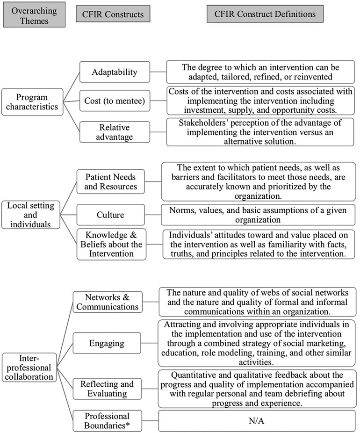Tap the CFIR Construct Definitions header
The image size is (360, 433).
265,14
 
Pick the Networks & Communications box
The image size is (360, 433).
108,302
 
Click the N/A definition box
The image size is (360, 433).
256,420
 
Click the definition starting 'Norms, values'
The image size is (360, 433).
258,215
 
